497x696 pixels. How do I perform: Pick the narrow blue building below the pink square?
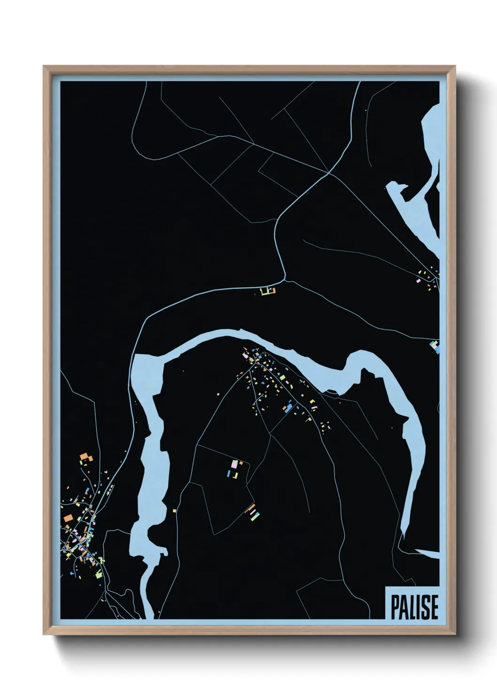coord(230,473)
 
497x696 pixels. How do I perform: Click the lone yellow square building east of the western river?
coord(174,510)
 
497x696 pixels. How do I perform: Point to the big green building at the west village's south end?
coord(98,574)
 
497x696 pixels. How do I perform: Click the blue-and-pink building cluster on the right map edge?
coord(435,347)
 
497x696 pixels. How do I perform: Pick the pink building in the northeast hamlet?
coord(419,280)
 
